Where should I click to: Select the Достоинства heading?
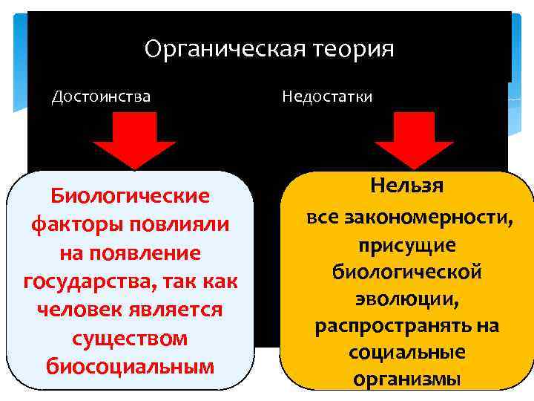tap(101, 97)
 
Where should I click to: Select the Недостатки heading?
tap(327, 97)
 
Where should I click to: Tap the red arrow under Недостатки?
tap(412, 141)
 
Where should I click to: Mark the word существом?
tap(130, 338)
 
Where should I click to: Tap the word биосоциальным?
tap(130, 366)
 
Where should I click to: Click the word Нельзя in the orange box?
tap(407, 186)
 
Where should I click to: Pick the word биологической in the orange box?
tap(407, 273)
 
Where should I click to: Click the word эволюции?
tap(407, 299)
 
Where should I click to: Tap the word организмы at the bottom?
tap(407, 379)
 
